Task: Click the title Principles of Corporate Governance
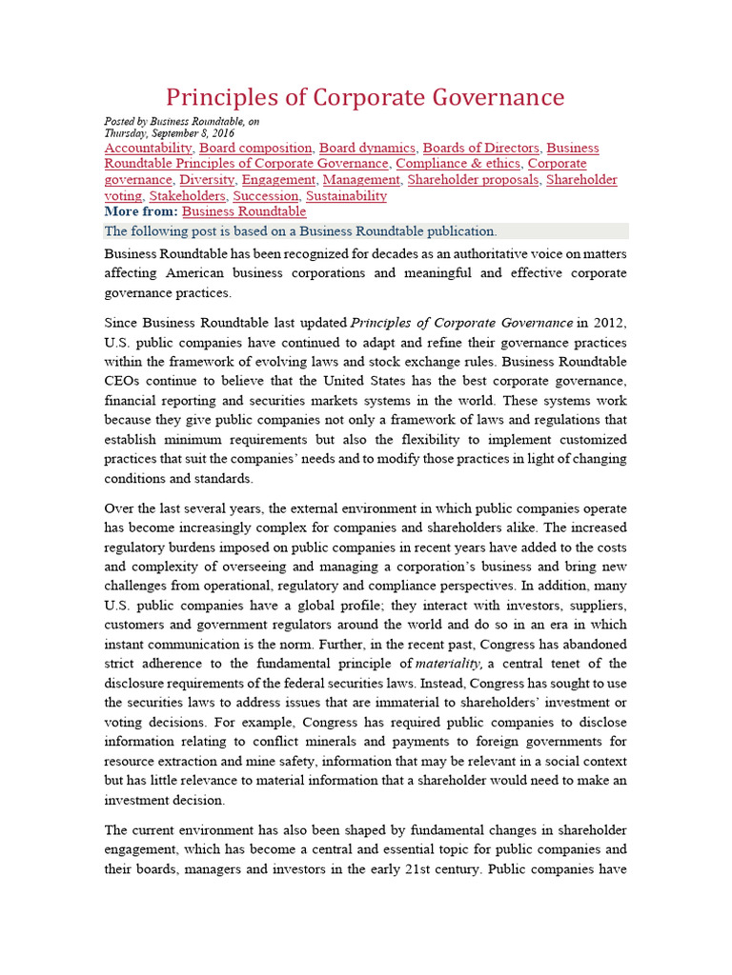(365, 97)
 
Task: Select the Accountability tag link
(148, 149)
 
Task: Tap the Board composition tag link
(255, 149)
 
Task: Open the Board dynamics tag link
(367, 149)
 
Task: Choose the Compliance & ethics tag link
(458, 164)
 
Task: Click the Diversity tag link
(207, 180)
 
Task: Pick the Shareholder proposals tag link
(473, 180)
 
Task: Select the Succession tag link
(266, 196)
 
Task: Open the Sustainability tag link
(346, 196)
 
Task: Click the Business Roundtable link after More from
(244, 212)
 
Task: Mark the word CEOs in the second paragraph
(122, 381)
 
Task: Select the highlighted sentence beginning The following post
(300, 231)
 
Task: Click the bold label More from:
(140, 212)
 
